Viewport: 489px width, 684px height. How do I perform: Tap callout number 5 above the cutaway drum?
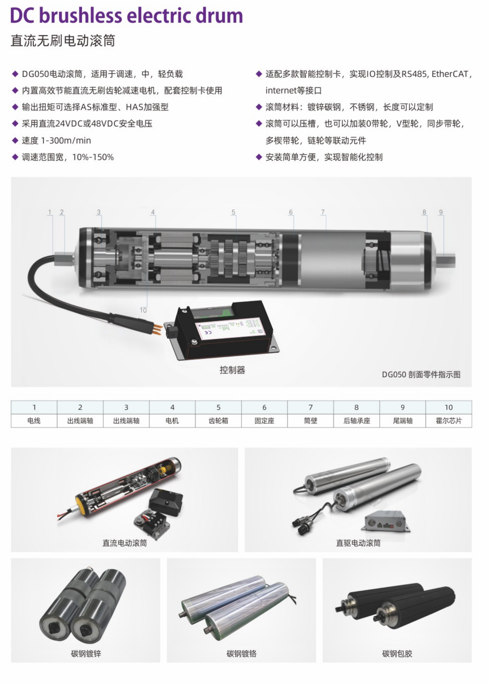click(x=233, y=212)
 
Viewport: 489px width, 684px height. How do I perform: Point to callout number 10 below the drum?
click(x=143, y=310)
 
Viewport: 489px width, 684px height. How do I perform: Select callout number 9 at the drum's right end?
click(x=441, y=212)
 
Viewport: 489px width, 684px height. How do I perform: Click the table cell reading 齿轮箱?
click(x=218, y=421)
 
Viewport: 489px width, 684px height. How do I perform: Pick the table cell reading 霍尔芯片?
click(x=449, y=421)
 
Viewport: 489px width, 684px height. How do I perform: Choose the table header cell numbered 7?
click(x=310, y=407)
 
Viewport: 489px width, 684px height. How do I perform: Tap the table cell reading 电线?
click(x=34, y=421)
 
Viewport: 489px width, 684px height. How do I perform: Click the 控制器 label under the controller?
click(x=232, y=370)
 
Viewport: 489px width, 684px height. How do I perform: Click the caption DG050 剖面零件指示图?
click(x=421, y=374)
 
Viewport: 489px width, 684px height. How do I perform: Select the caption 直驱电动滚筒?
click(x=358, y=543)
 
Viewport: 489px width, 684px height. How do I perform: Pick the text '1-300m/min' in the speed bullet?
click(x=66, y=141)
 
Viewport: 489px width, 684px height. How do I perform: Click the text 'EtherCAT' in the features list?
click(x=450, y=74)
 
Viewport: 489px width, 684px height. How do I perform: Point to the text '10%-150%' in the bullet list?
click(x=93, y=157)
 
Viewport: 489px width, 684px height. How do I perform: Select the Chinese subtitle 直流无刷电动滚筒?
click(x=63, y=41)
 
